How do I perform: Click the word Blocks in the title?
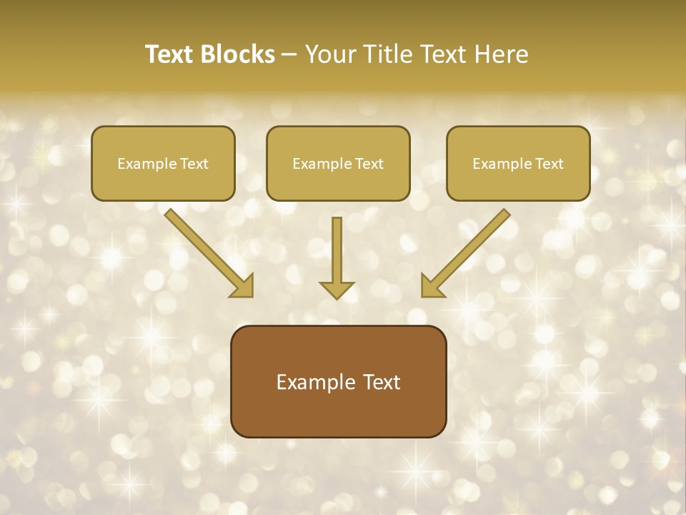(x=239, y=54)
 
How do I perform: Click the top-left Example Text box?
(x=163, y=163)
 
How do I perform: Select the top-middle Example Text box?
(x=338, y=163)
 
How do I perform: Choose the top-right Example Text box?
(x=518, y=163)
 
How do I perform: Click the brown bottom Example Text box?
(x=338, y=381)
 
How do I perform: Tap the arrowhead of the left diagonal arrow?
(x=243, y=286)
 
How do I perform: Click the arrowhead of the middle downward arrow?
(x=337, y=290)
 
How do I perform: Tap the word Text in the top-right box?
(x=550, y=164)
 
